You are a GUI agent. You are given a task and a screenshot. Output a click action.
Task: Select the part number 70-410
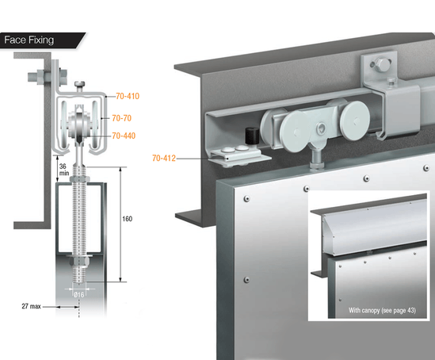tap(126, 97)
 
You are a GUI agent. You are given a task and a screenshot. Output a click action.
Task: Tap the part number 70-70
tap(122, 117)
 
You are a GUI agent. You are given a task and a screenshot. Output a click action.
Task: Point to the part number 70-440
tap(125, 136)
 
